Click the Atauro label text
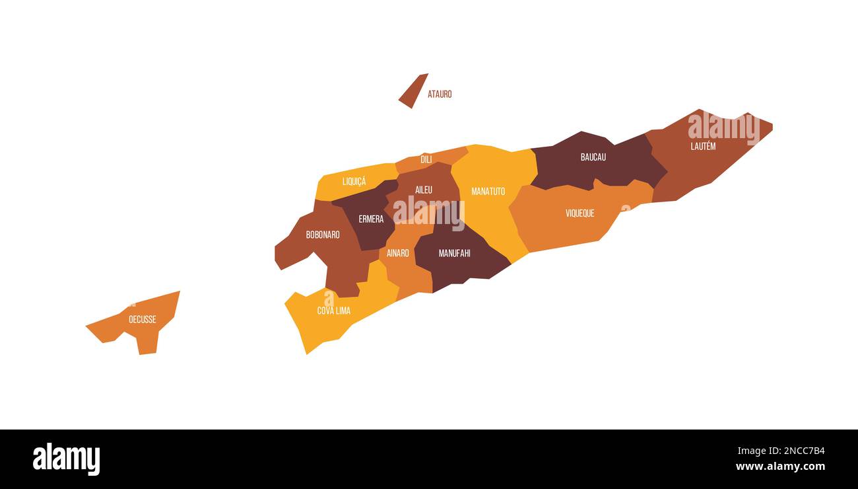pyautogui.click(x=440, y=94)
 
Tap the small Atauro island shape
pyautogui.click(x=412, y=91)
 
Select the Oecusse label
pyautogui.click(x=143, y=320)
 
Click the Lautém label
pyautogui.click(x=703, y=147)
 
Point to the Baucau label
pyautogui.click(x=593, y=157)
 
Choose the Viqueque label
pyautogui.click(x=579, y=213)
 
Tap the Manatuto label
pyautogui.click(x=488, y=192)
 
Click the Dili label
pyautogui.click(x=426, y=159)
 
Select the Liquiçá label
pyautogui.click(x=354, y=181)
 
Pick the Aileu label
pyautogui.click(x=424, y=190)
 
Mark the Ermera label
pyautogui.click(x=371, y=219)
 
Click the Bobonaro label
pyautogui.click(x=323, y=235)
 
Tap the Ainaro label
pyautogui.click(x=397, y=253)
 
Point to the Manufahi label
pyautogui.click(x=455, y=253)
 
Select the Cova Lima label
pyautogui.click(x=334, y=311)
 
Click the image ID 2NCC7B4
pyautogui.click(x=781, y=451)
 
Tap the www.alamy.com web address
pyautogui.click(x=780, y=467)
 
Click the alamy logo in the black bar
pyautogui.click(x=66, y=459)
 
